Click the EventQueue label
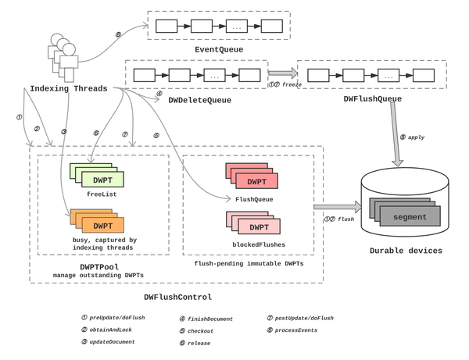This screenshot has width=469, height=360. click(218, 50)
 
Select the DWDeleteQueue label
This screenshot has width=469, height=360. click(199, 100)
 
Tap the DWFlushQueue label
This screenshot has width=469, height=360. click(372, 99)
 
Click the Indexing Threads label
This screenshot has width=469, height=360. click(69, 89)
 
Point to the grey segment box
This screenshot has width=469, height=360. click(410, 216)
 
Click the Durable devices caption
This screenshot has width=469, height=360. click(406, 251)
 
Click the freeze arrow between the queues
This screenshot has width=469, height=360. click(282, 73)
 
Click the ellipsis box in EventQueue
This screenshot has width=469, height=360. click(237, 27)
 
